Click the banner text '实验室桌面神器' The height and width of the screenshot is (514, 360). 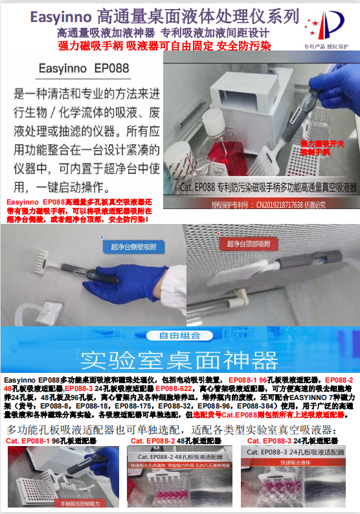pyautogui.click(x=179, y=359)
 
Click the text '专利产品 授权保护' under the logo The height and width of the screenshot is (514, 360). pyautogui.click(x=326, y=47)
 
